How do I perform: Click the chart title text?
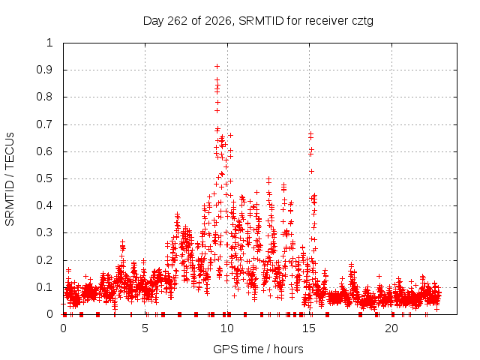coord(258,21)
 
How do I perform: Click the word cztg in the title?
coord(362,22)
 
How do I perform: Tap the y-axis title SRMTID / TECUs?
coord(10,179)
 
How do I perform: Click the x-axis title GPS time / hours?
coord(258,349)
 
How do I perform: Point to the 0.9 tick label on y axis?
coord(44,70)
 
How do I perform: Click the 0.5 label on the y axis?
coord(44,178)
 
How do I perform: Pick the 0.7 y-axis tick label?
coord(44,124)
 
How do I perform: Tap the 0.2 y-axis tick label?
coord(44,260)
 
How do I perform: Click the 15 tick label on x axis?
coord(309,328)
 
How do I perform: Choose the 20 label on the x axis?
coord(391,328)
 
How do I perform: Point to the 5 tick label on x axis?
coord(145,328)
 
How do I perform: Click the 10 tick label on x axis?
coord(226,328)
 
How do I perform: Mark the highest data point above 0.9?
coord(217,66)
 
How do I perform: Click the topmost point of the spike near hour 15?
coord(311,133)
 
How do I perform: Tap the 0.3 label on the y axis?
coord(44,232)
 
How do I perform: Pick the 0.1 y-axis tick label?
coord(44,287)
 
